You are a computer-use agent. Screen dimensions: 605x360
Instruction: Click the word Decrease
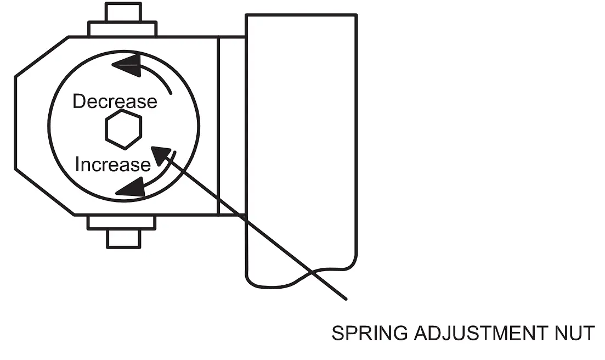[x=115, y=102]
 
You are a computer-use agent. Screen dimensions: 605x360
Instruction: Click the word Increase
[x=112, y=165]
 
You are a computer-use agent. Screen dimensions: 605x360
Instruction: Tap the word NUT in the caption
[x=576, y=333]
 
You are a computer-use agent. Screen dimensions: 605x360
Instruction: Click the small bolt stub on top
[x=122, y=13]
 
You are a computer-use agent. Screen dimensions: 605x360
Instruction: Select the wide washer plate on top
[x=122, y=29]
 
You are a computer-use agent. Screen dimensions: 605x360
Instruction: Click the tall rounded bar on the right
[x=301, y=137]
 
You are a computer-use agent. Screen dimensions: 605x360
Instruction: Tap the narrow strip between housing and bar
[x=231, y=125]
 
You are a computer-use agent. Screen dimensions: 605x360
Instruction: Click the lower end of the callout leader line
[x=345, y=299]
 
